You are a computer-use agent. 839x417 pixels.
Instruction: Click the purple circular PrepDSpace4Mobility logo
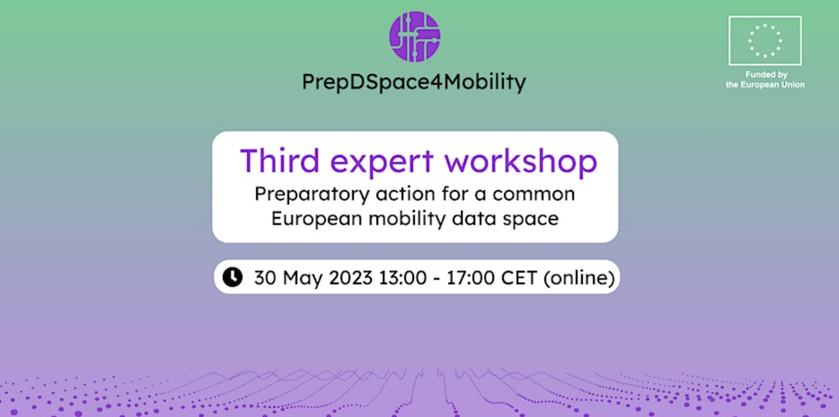[x=414, y=37]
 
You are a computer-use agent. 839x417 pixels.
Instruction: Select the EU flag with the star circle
[x=765, y=41]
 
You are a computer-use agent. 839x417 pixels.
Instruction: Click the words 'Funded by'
[x=766, y=74]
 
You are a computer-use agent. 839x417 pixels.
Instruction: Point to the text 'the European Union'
[x=765, y=84]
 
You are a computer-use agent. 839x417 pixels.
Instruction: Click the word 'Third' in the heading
[x=280, y=161]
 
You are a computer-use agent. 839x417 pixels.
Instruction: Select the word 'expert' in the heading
[x=381, y=162]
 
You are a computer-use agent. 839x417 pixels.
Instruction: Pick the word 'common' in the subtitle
[x=534, y=194]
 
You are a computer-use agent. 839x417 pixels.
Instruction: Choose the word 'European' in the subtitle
[x=317, y=219]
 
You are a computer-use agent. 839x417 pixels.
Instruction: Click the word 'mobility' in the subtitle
[x=407, y=219]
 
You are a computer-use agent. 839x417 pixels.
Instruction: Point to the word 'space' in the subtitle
[x=531, y=219]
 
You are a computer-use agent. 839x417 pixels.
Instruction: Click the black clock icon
[x=232, y=277]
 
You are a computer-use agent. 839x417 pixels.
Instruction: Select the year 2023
[x=350, y=277]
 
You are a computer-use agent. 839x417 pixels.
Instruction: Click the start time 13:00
[x=402, y=277]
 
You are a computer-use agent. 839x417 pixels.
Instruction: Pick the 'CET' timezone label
[x=519, y=277]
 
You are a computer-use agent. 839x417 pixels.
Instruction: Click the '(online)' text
[x=579, y=278]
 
